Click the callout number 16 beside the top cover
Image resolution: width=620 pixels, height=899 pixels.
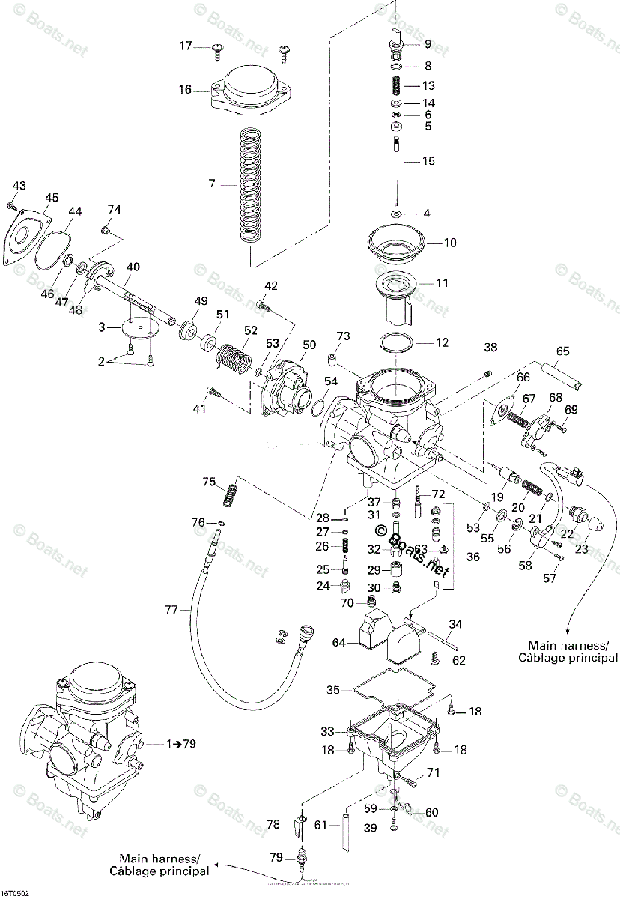[185, 90]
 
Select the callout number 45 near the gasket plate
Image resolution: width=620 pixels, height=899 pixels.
[51, 198]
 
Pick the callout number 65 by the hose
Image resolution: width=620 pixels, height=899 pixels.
[562, 351]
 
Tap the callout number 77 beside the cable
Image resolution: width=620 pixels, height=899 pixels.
[172, 611]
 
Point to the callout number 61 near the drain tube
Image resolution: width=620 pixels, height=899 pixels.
[320, 826]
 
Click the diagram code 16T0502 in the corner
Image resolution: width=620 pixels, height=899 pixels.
[15, 893]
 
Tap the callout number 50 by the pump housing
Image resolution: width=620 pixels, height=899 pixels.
[309, 345]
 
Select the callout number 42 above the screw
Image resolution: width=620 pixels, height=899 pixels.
[270, 285]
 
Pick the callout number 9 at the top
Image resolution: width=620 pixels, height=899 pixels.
[428, 44]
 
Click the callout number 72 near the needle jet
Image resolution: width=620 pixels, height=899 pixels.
[438, 494]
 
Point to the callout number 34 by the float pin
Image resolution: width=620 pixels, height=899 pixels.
[456, 623]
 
